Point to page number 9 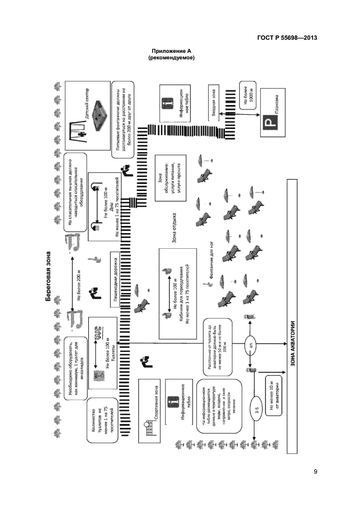pyautogui.click(x=316, y=471)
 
